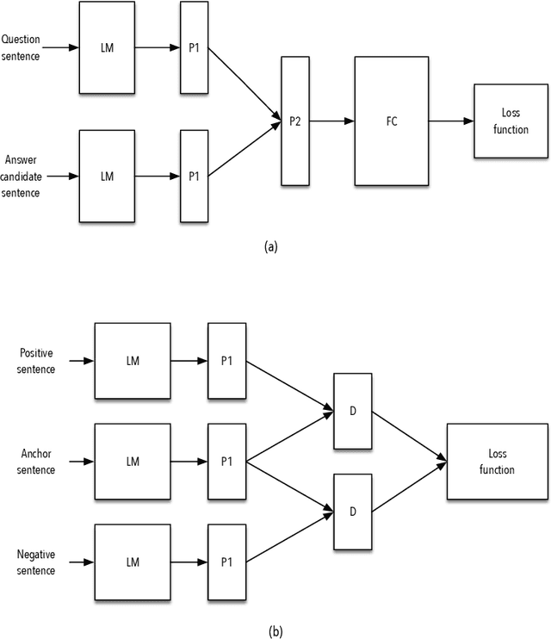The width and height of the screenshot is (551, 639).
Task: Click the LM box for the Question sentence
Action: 107,49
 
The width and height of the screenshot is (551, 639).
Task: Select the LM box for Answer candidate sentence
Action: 107,176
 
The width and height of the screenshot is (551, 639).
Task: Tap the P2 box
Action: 294,121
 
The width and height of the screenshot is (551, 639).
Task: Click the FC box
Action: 392,121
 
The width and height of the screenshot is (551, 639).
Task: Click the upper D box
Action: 353,412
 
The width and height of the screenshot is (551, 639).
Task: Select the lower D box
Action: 353,512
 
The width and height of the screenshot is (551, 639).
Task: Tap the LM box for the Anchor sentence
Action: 133,462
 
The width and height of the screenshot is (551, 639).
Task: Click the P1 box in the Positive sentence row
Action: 226,361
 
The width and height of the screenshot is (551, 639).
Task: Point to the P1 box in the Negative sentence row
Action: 226,562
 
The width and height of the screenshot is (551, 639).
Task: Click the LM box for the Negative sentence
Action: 133,562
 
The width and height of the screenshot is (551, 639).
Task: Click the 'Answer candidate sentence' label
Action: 22,176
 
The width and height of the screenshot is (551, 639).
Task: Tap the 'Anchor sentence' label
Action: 36,462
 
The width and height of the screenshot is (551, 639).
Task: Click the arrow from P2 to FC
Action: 331,121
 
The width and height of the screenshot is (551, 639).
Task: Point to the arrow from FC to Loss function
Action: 451,121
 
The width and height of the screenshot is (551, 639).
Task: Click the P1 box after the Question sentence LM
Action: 194,49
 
